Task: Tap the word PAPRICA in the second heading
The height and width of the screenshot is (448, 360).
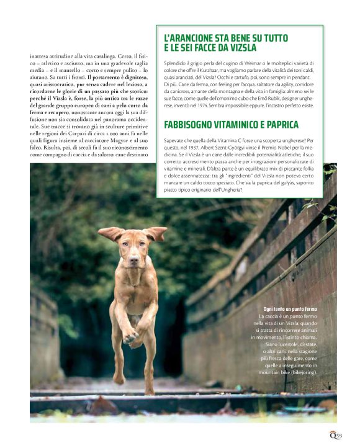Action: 275,125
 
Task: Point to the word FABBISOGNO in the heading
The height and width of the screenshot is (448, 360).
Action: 193,125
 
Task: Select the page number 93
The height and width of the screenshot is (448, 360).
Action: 340,435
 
